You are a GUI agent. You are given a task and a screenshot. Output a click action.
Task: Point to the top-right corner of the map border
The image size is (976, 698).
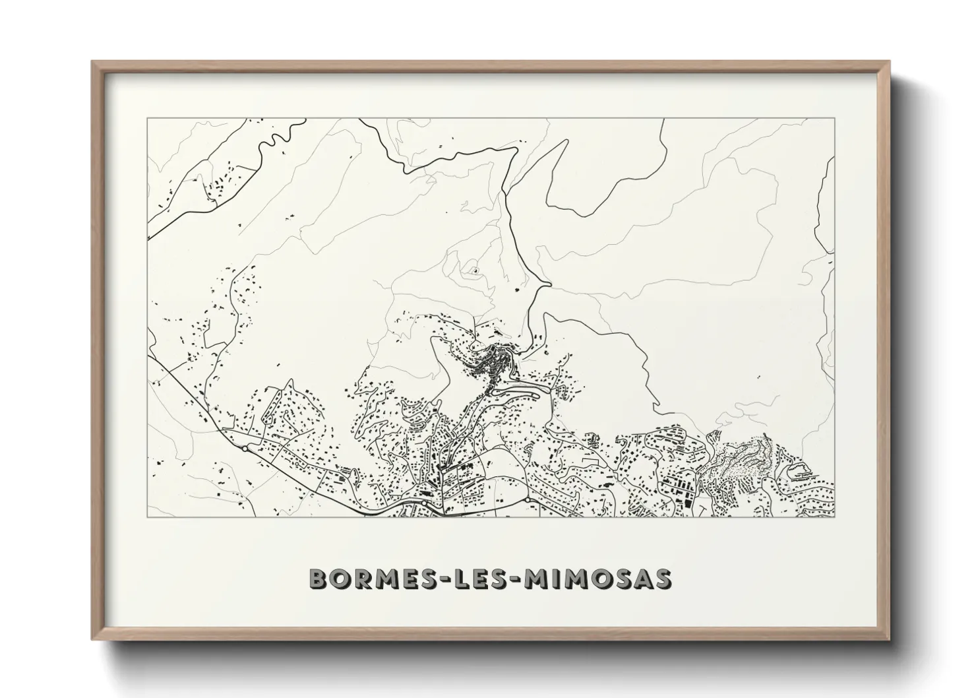pos(834,119)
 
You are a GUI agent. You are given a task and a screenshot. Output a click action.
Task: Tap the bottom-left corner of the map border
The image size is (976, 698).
pos(147,517)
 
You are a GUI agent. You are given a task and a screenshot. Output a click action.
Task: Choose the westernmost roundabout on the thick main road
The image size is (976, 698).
pos(245,449)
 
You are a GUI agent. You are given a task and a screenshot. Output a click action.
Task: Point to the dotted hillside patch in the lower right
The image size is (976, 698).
pos(739,455)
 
